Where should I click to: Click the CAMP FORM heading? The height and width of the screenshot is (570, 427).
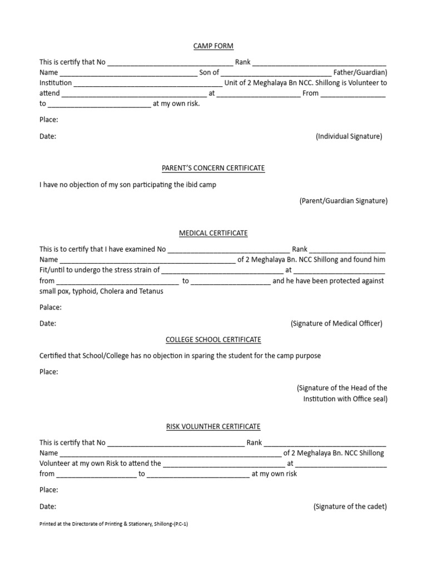click(213, 46)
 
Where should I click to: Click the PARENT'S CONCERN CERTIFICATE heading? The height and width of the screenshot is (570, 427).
click(213, 168)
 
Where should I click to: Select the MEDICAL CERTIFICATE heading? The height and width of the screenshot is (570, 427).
click(213, 233)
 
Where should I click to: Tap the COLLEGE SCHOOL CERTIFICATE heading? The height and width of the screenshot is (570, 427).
click(213, 339)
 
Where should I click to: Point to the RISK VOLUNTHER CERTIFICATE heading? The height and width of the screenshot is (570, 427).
click(213, 426)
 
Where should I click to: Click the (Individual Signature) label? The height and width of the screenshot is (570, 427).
click(349, 136)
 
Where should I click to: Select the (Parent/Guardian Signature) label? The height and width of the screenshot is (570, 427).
click(343, 201)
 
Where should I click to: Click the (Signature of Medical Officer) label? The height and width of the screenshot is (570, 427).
click(336, 323)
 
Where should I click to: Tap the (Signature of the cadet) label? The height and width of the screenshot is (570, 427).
click(350, 507)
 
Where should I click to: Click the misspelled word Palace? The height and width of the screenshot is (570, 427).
click(51, 307)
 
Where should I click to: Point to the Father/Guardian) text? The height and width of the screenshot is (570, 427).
click(361, 72)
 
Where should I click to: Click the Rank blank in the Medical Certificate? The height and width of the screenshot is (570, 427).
click(347, 249)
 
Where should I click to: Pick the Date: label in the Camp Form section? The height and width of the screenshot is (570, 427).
click(48, 136)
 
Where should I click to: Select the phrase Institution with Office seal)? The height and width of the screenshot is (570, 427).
click(345, 399)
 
